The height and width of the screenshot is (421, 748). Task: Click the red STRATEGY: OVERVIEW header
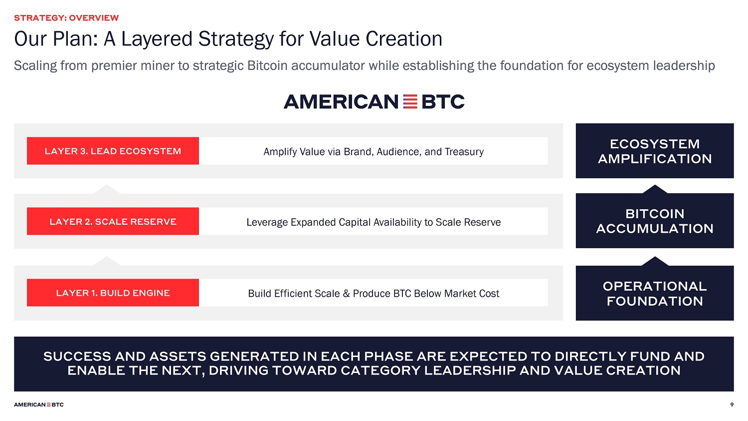(x=66, y=17)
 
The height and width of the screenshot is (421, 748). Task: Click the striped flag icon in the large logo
(x=410, y=102)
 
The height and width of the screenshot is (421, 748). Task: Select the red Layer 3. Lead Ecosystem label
(x=113, y=151)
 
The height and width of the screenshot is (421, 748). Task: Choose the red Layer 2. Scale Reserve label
(x=113, y=221)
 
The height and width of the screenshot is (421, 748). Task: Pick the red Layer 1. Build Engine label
(x=113, y=293)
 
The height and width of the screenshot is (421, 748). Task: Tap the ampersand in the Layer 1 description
(x=346, y=294)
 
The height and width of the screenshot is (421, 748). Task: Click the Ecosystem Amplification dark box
(x=654, y=151)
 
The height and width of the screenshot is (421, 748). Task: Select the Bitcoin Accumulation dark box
(x=654, y=221)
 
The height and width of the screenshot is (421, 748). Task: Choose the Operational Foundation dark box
(x=654, y=293)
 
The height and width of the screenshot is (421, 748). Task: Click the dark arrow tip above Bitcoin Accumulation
(x=655, y=185)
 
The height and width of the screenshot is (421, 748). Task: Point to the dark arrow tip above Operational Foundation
(x=655, y=257)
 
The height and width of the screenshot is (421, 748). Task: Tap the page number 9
(x=732, y=405)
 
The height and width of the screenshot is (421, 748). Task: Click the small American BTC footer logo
(x=39, y=405)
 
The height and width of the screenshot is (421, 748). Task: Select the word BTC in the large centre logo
(x=443, y=102)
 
